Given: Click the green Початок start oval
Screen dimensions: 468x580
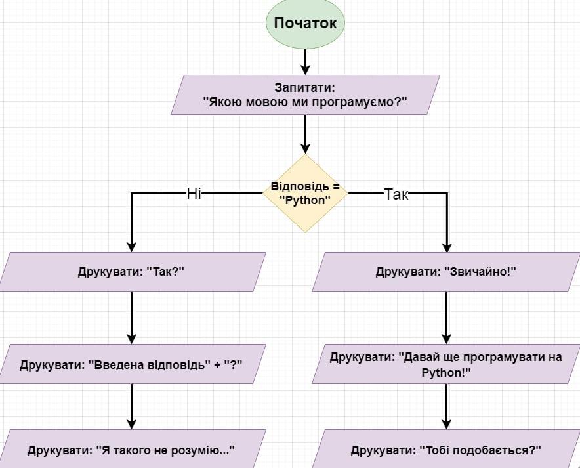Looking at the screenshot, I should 305,24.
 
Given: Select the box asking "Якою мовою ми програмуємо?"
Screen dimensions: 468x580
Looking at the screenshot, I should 305,95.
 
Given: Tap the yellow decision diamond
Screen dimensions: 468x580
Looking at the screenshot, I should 305,194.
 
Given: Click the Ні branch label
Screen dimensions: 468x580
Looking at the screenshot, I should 194,194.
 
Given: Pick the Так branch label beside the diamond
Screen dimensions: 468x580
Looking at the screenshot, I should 396,194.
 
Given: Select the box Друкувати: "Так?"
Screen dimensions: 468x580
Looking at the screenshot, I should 131,272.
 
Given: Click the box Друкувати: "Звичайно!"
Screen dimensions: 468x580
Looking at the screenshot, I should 446,272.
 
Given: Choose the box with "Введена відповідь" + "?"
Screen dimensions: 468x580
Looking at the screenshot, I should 131,363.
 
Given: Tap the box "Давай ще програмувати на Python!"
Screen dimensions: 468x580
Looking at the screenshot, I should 446,364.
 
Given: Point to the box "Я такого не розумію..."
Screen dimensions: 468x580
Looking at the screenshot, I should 131,450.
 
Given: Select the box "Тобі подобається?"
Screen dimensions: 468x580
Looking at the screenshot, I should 446,450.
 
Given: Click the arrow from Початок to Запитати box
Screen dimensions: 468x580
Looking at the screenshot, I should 305,61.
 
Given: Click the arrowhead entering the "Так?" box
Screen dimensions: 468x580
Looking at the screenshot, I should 131,247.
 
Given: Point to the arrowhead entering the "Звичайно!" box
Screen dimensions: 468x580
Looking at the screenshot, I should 447,247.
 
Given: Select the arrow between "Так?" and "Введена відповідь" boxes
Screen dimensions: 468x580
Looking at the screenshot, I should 131,318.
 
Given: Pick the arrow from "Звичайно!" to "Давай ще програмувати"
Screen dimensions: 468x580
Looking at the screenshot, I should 447,318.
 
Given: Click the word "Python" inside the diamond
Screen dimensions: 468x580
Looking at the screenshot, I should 306,200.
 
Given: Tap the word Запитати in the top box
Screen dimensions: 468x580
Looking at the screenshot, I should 305,87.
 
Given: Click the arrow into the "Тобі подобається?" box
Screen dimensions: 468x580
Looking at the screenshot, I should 447,407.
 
